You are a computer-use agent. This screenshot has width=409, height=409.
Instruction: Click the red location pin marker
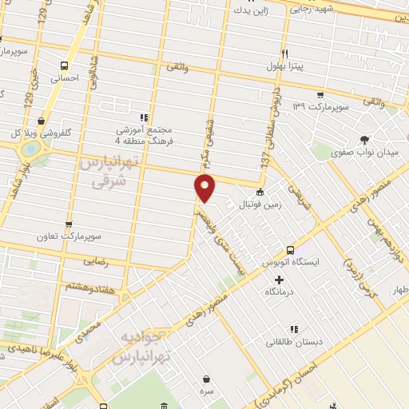click(205, 189)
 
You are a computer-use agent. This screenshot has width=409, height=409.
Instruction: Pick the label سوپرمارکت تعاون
click(62, 237)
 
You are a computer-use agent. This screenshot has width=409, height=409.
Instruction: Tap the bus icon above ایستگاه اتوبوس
click(291, 249)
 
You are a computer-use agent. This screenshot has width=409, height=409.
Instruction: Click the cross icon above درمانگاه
click(278, 280)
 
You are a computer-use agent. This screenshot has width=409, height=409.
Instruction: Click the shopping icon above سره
click(207, 379)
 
